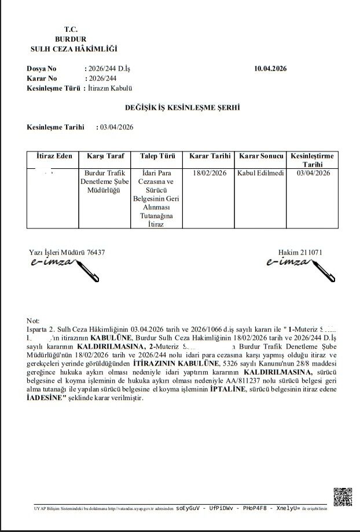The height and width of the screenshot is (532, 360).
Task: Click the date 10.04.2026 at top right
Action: coord(270,69)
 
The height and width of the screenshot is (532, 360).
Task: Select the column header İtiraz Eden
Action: coord(54,156)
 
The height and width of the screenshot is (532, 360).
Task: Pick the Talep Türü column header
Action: coord(157,156)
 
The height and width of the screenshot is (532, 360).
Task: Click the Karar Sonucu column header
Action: coord(261,156)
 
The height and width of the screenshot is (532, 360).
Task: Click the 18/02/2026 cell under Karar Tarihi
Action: coord(210,173)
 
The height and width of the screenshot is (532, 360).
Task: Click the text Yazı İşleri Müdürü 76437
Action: coord(67,253)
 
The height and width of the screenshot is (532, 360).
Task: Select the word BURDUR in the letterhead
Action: coord(75,38)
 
